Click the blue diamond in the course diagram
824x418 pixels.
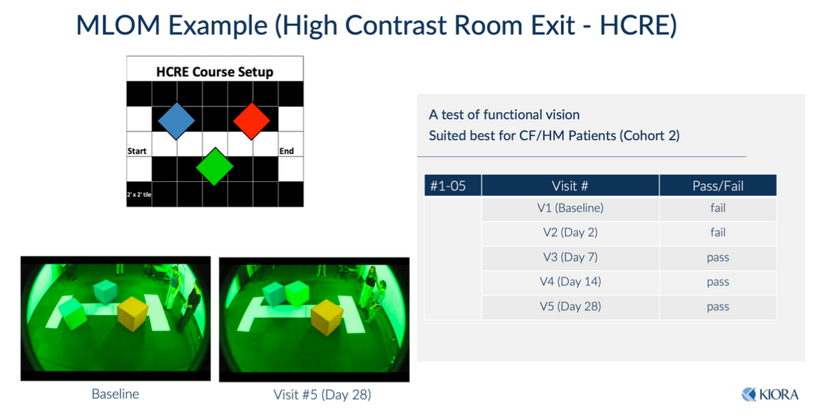pos(176,121)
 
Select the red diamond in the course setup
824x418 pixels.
pos(251,121)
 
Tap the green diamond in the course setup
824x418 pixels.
pos(215,167)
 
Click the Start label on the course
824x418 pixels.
pos(137,151)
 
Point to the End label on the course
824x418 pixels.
pos(286,151)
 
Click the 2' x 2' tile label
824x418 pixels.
pos(139,194)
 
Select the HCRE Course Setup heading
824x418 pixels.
pos(215,71)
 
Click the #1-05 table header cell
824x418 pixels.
pos(448,186)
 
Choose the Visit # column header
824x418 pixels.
pos(570,186)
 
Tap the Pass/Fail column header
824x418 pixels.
pos(718,186)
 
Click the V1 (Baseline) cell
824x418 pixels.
pos(570,208)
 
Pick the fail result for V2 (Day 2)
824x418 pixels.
pos(718,233)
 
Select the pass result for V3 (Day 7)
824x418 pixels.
pos(718,257)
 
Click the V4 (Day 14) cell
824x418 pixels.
pos(570,281)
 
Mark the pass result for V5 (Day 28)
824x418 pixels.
pos(718,307)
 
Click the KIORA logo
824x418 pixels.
pos(770,395)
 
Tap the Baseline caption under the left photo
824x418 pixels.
pos(115,394)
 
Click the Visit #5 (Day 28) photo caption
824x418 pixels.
pos(322,395)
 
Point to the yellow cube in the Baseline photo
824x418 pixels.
pos(133,314)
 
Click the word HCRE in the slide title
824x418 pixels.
pos(638,25)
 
